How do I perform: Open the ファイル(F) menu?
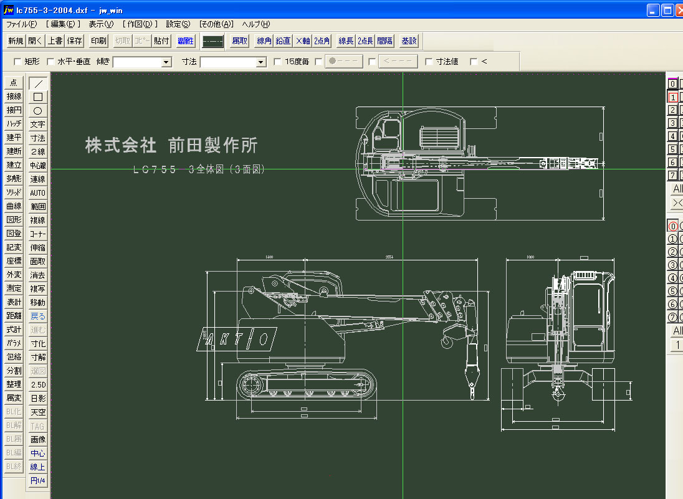point(21,24)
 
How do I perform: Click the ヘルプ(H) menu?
point(256,24)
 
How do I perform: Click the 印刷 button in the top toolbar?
point(98,41)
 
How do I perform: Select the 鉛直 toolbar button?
point(283,41)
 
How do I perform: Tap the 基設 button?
point(409,41)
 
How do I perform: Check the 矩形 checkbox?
point(17,62)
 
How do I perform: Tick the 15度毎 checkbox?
point(278,62)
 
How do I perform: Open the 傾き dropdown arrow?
point(166,62)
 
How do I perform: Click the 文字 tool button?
point(38,125)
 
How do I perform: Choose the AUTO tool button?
point(38,193)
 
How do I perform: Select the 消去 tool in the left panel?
point(38,275)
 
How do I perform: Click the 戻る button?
point(38,316)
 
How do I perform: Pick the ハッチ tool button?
point(14,124)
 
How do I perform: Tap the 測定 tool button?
point(14,288)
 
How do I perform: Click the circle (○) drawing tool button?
point(38,111)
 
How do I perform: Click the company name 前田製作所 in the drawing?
point(213,146)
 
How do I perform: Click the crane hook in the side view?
point(446,341)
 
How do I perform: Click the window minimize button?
point(652,10)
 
